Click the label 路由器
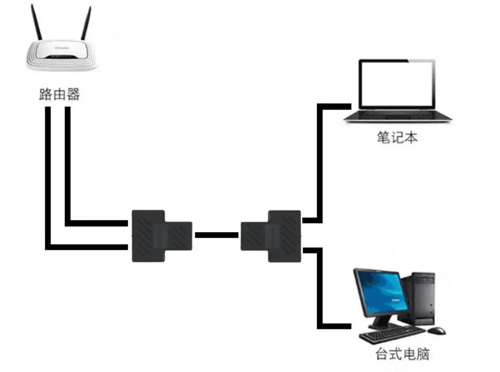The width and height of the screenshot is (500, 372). click(60, 95)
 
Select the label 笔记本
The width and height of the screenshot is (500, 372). click(397, 137)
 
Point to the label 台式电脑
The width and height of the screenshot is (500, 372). click(402, 353)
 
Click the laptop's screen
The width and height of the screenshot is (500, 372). click(396, 84)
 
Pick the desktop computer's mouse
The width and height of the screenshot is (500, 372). click(437, 331)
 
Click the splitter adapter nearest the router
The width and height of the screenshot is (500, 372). click(160, 235)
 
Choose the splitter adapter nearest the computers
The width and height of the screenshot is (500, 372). click(271, 236)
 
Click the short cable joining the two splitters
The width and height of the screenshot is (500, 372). click(216, 235)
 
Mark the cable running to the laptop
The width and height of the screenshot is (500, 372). click(320, 159)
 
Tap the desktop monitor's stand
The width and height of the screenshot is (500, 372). click(381, 321)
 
